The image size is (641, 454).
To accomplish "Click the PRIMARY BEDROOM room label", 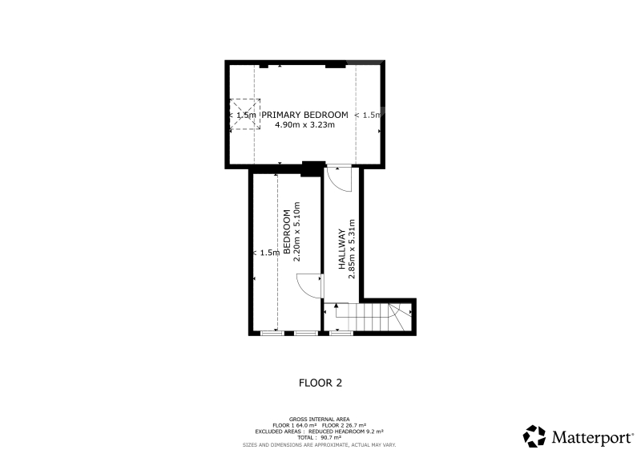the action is coord(304,115).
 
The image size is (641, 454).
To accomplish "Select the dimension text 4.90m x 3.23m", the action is coord(304,125).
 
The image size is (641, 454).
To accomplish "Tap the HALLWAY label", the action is coord(342,249).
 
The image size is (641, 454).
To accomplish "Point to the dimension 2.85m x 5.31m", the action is coord(352,249).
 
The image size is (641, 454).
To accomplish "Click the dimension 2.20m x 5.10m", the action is coord(297,231).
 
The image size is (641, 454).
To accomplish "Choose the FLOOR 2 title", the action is coord(320,383).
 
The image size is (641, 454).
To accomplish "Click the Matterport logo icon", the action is coord(534,436).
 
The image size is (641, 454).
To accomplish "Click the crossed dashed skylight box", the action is coord(245,115).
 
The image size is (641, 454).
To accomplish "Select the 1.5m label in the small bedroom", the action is coord(268,253).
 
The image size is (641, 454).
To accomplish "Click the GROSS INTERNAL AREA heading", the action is coord(319,420).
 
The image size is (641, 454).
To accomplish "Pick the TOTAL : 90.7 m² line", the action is coord(319,438).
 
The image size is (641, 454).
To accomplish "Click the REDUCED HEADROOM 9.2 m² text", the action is coord(346,432).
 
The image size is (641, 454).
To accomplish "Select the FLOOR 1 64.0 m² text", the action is coord(295,425).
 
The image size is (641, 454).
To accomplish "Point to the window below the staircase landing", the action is coord(341,333).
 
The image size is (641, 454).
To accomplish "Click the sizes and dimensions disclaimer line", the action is coord(319,445).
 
